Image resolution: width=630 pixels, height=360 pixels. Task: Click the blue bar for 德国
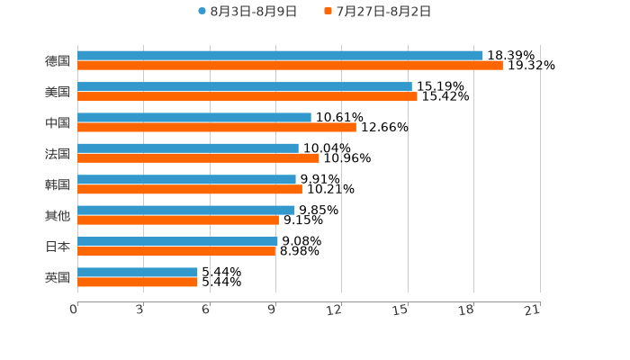pos(280,56)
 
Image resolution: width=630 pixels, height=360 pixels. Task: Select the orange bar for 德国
pos(290,66)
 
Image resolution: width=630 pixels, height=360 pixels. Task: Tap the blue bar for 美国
pos(244,86)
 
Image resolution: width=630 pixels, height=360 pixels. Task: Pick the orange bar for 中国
pos(216,127)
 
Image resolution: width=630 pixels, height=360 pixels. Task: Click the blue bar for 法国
pos(187,148)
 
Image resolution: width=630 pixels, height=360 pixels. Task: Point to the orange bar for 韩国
pos(189,189)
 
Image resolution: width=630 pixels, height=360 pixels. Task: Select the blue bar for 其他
pos(185,211)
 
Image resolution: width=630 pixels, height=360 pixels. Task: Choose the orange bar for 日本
pos(176,251)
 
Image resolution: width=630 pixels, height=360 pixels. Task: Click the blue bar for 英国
pos(137,272)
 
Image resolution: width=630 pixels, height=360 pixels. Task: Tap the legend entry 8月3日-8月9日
pos(252,12)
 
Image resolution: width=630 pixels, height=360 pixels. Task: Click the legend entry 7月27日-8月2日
pos(382,12)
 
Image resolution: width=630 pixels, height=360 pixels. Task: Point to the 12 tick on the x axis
pos(335,310)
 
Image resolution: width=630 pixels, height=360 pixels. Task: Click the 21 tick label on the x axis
pos(532,310)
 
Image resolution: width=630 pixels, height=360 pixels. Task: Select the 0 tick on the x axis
pos(74,310)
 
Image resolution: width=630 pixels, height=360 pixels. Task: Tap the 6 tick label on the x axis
pos(206,310)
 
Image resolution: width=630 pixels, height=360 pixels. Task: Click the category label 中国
pos(58,122)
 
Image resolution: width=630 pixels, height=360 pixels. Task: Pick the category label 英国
pos(58,277)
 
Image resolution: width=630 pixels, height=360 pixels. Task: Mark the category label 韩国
pos(58,184)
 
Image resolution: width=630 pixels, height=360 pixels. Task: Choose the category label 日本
pos(58,246)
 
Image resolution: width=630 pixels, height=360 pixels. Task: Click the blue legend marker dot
pos(202,12)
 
